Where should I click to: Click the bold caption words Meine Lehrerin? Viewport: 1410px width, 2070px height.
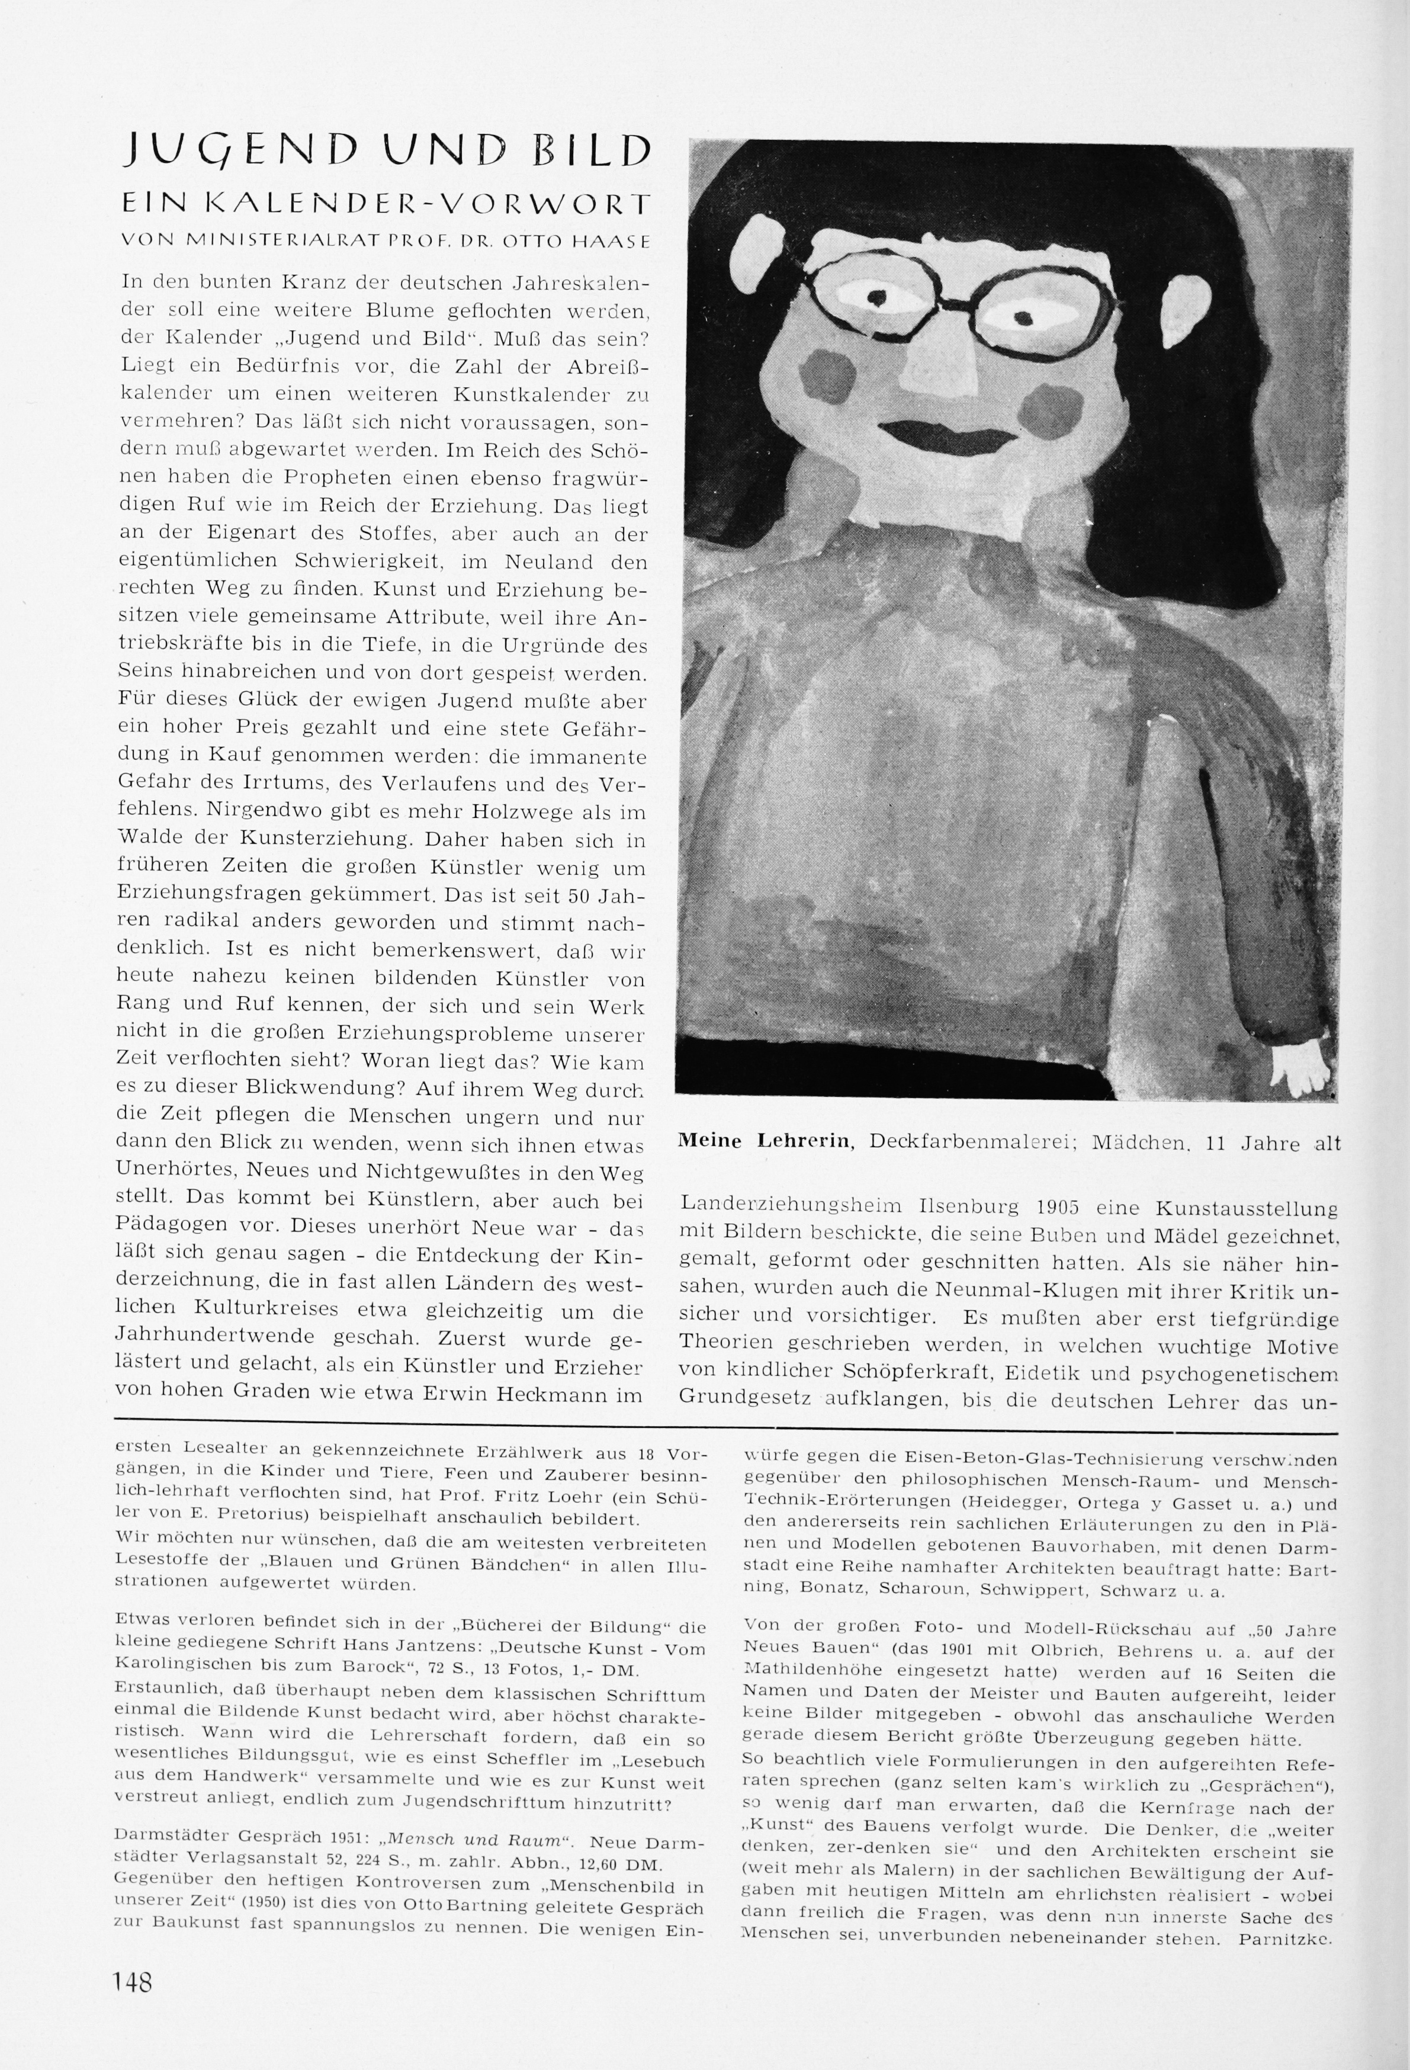(765, 1142)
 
